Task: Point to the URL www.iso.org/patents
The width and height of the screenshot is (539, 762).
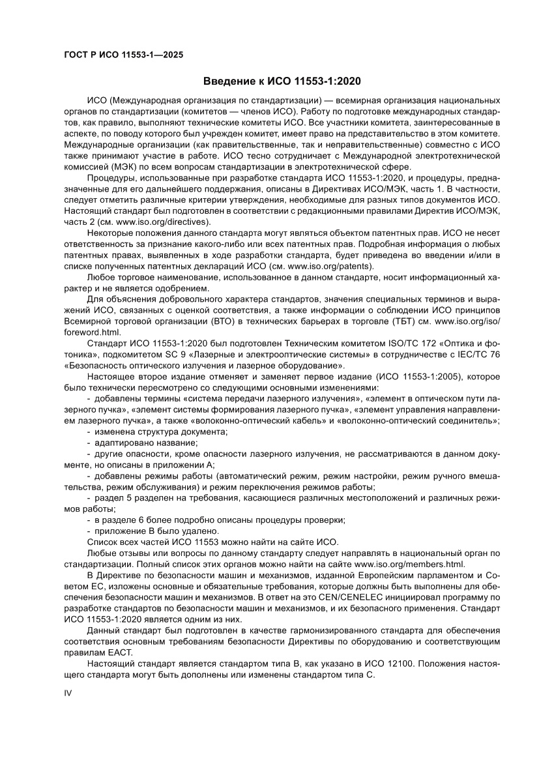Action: tap(328, 267)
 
